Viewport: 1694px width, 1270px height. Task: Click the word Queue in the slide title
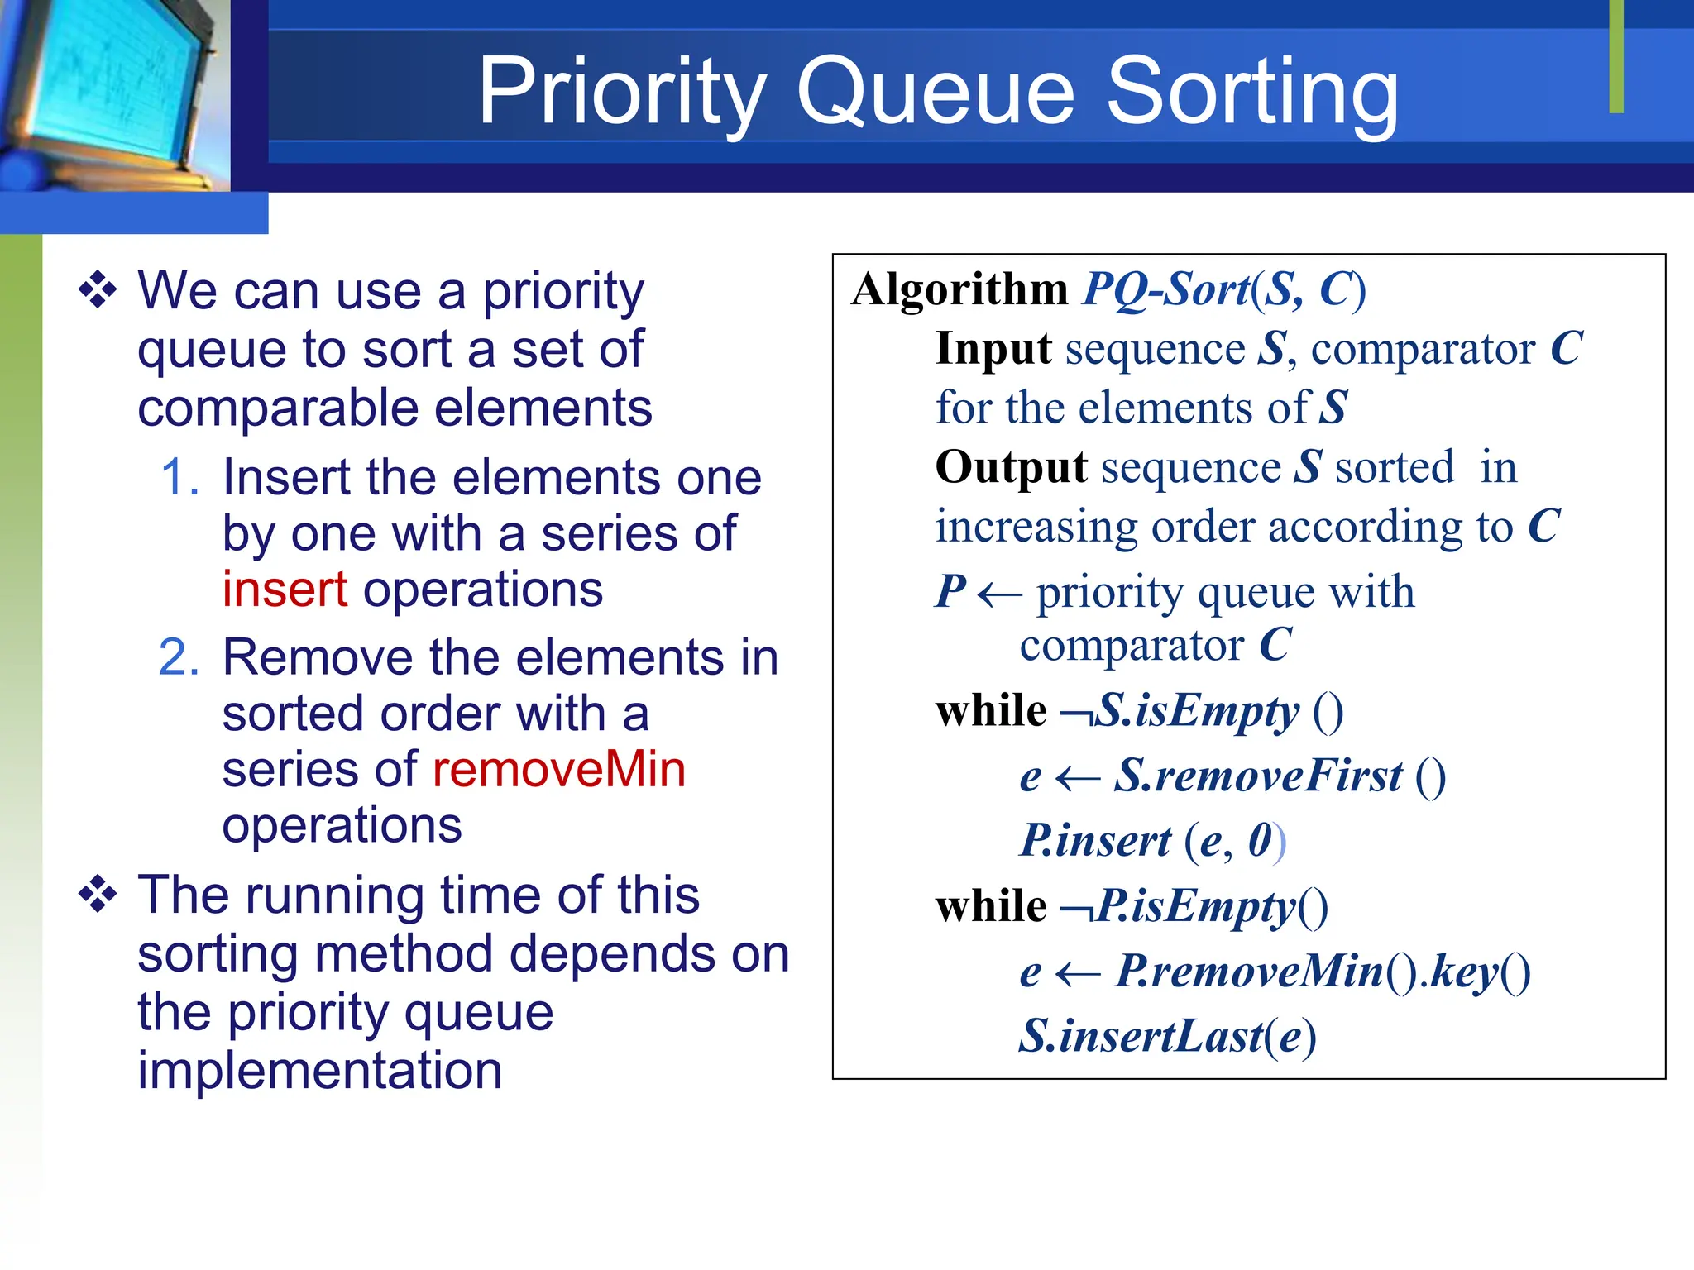[936, 93]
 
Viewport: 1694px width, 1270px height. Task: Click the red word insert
[285, 590]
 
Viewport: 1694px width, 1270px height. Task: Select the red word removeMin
[559, 769]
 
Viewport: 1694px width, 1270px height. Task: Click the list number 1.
[179, 478]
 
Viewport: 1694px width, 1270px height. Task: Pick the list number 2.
[179, 658]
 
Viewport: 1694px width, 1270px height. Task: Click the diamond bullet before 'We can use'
[98, 291]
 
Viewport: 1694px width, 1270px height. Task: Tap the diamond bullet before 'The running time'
[98, 895]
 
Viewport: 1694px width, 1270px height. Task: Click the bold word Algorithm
[959, 289]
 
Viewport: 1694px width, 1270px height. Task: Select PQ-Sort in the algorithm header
[1166, 289]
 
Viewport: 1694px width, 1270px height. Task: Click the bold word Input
[993, 349]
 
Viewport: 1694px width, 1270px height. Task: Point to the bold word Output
[1011, 467]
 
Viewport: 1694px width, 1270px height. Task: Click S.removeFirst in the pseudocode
[1257, 776]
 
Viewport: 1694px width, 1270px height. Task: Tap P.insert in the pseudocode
[1095, 841]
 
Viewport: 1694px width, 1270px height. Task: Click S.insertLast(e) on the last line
[1166, 1036]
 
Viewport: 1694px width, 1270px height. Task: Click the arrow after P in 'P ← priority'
[999, 594]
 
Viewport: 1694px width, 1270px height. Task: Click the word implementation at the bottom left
[319, 1071]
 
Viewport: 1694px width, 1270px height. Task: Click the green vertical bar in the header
[1616, 56]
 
